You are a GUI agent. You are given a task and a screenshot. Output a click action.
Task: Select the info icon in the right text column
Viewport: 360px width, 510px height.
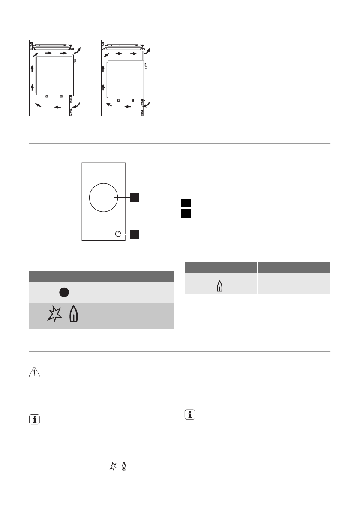(189, 414)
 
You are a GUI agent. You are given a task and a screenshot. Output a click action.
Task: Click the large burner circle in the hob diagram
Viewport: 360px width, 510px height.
(103, 198)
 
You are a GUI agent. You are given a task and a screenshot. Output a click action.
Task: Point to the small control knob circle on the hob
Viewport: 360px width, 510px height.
(118, 234)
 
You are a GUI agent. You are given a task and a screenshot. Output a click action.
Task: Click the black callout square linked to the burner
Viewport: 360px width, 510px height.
(135, 197)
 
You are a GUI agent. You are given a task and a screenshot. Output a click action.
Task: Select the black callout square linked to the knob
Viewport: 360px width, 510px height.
(135, 234)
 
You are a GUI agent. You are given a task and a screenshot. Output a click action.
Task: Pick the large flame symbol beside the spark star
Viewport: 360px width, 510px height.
(73, 316)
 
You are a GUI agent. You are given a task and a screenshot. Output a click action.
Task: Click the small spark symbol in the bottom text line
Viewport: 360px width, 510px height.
(113, 466)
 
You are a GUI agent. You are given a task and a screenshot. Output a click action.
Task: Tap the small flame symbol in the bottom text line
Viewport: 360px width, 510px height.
(123, 466)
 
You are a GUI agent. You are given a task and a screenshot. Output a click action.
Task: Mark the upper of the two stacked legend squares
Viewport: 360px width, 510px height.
(185, 203)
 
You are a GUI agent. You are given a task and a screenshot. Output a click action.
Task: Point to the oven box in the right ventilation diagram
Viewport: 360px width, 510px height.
(125, 79)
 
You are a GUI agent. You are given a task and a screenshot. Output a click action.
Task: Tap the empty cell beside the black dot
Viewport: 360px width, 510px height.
(138, 292)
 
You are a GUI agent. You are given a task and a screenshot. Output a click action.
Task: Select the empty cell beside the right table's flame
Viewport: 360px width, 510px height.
(294, 284)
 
